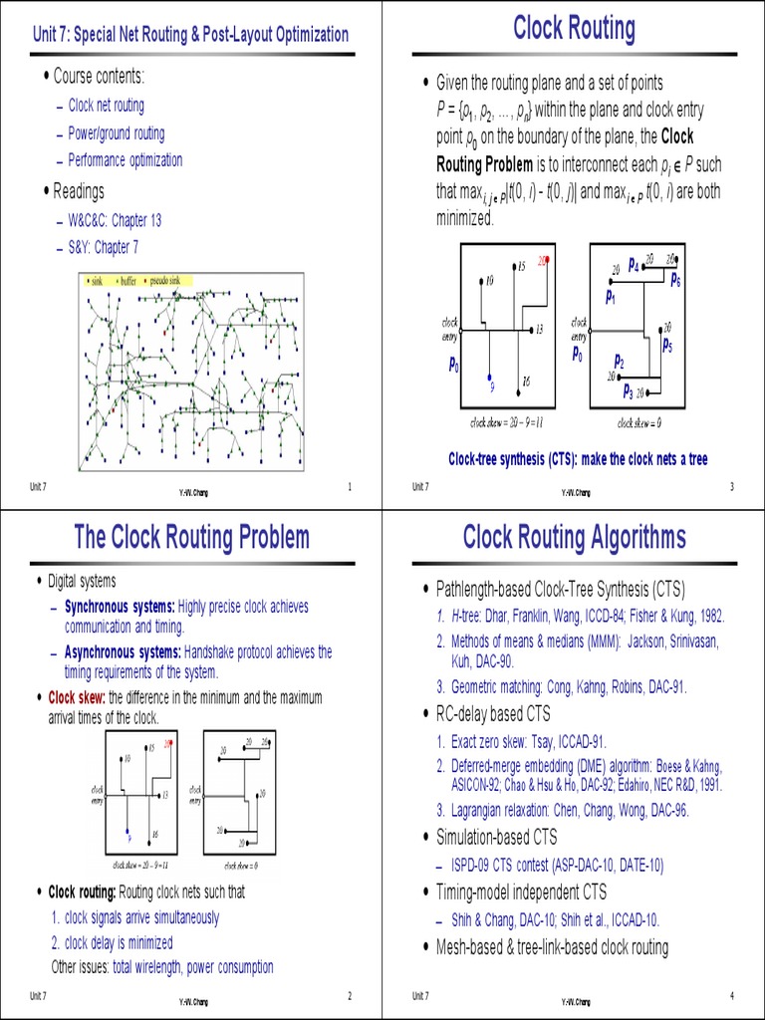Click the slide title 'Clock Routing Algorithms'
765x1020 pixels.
pyautogui.click(x=574, y=538)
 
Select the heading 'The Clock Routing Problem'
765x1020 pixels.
pyautogui.click(x=192, y=538)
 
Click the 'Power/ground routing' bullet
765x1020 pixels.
pyautogui.click(x=117, y=133)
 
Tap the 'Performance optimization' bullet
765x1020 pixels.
pyautogui.click(x=126, y=159)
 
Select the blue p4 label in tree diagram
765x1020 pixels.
pyautogui.click(x=633, y=262)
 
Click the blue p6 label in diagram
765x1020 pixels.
pyautogui.click(x=675, y=280)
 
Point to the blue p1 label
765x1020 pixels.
pyautogui.click(x=611, y=296)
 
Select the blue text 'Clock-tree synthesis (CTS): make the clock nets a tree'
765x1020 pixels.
pyautogui.click(x=578, y=458)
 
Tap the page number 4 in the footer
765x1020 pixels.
pyautogui.click(x=731, y=997)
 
